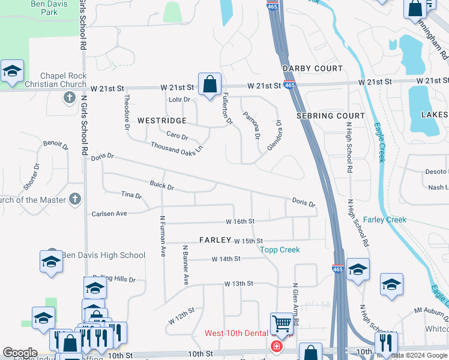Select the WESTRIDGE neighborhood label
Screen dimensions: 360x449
162,121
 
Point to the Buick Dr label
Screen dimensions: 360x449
161,186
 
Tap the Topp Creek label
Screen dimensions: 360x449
280,249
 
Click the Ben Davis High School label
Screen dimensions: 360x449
104,255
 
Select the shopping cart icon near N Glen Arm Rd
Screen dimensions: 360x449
281,324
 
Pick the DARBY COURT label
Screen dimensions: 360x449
312,68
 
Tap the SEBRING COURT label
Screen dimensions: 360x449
331,115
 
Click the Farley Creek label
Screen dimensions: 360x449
385,220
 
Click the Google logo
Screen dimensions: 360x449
20,352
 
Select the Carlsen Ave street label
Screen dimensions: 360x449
109,214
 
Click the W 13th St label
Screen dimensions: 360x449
239,283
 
